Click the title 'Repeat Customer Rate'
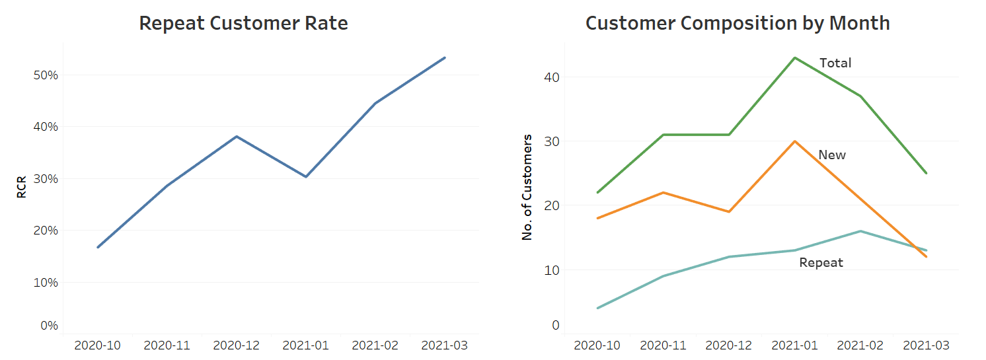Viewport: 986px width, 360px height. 243,23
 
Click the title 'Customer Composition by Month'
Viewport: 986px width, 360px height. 738,23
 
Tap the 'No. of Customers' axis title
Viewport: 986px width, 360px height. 527,187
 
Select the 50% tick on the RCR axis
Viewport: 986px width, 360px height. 46,75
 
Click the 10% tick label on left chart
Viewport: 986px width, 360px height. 46,283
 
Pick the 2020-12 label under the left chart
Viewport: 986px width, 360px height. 237,345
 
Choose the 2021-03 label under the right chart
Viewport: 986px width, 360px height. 927,345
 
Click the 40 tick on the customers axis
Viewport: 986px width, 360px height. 552,77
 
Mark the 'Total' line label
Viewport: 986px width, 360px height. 835,63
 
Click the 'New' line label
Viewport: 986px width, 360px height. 832,155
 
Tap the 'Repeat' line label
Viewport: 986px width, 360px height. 821,263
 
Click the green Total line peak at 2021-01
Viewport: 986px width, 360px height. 795,58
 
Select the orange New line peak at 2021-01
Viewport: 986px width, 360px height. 795,141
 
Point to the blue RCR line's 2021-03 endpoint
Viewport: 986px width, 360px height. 445,57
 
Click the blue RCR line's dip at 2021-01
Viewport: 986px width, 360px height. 306,176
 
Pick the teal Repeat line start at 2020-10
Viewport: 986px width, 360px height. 598,308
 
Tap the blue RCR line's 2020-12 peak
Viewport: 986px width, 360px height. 237,137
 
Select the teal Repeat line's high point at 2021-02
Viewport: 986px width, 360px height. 860,231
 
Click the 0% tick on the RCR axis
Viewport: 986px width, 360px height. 49,326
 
